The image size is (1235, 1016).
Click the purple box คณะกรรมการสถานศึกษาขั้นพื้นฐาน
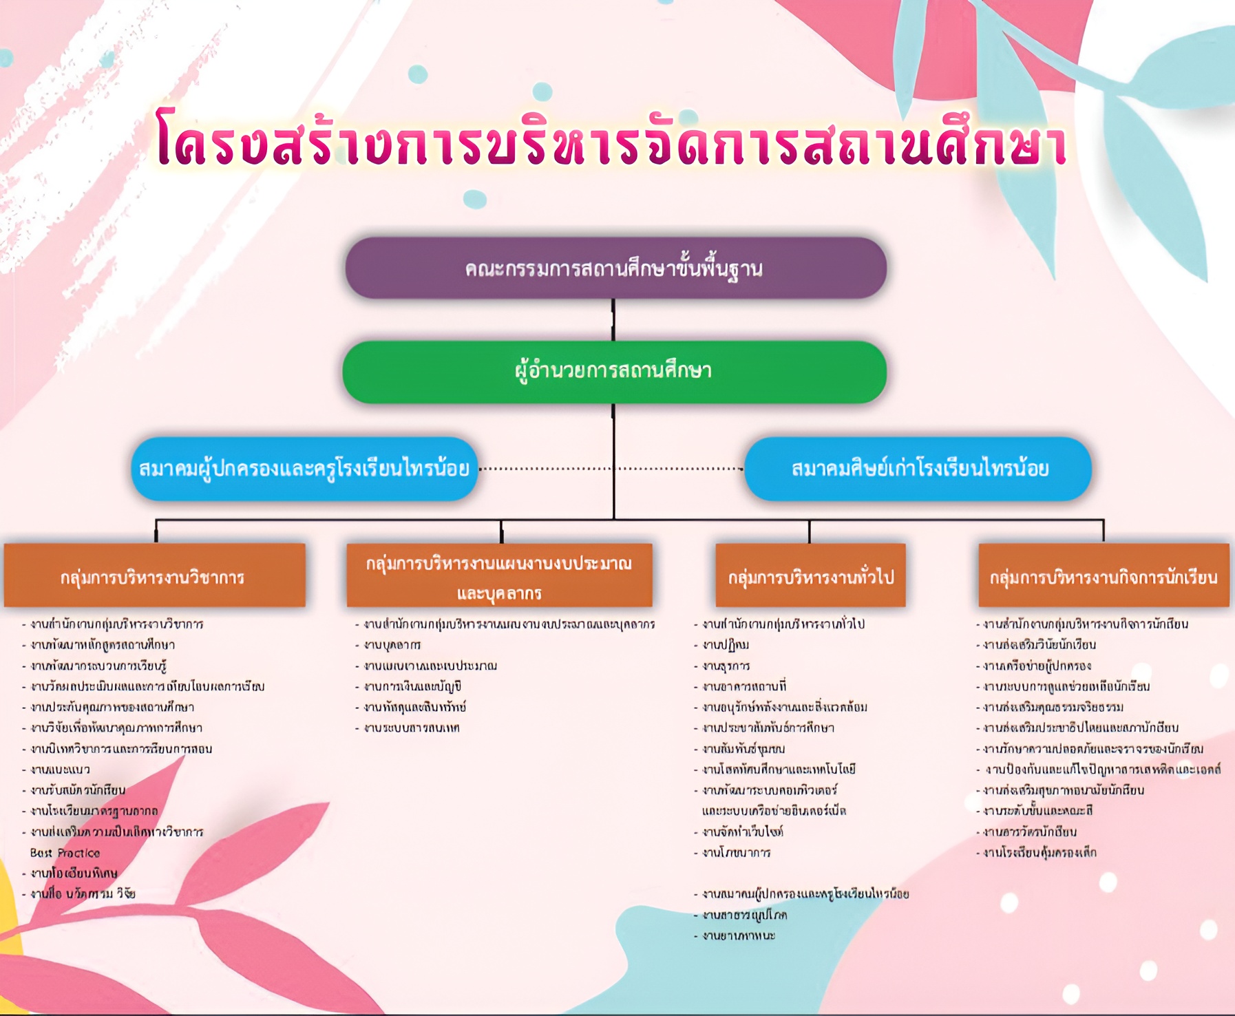[x=615, y=268]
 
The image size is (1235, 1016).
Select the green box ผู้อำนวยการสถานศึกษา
[x=614, y=372]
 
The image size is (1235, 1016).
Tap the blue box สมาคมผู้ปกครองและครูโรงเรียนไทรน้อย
[x=304, y=469]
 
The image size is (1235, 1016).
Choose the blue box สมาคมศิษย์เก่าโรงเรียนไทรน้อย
[x=918, y=469]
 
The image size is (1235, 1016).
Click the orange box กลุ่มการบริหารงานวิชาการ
[x=154, y=576]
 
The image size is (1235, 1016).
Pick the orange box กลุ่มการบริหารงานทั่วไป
[x=810, y=576]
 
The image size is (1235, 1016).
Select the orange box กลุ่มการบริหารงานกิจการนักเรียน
[x=1104, y=576]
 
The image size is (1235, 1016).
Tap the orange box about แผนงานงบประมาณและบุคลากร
[x=499, y=576]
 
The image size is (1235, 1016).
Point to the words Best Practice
[x=65, y=853]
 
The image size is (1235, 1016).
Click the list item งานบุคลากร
[x=392, y=645]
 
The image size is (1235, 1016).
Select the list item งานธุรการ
[x=726, y=666]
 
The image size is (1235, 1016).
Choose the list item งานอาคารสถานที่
[x=743, y=686]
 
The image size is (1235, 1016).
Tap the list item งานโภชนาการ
[x=736, y=853]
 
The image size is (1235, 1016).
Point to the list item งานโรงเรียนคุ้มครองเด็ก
[x=1039, y=853]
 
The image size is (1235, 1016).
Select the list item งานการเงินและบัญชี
[x=412, y=686]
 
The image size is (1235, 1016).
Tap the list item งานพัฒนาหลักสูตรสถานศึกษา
[x=103, y=645]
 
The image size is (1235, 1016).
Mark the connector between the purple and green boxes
[x=613, y=319]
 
